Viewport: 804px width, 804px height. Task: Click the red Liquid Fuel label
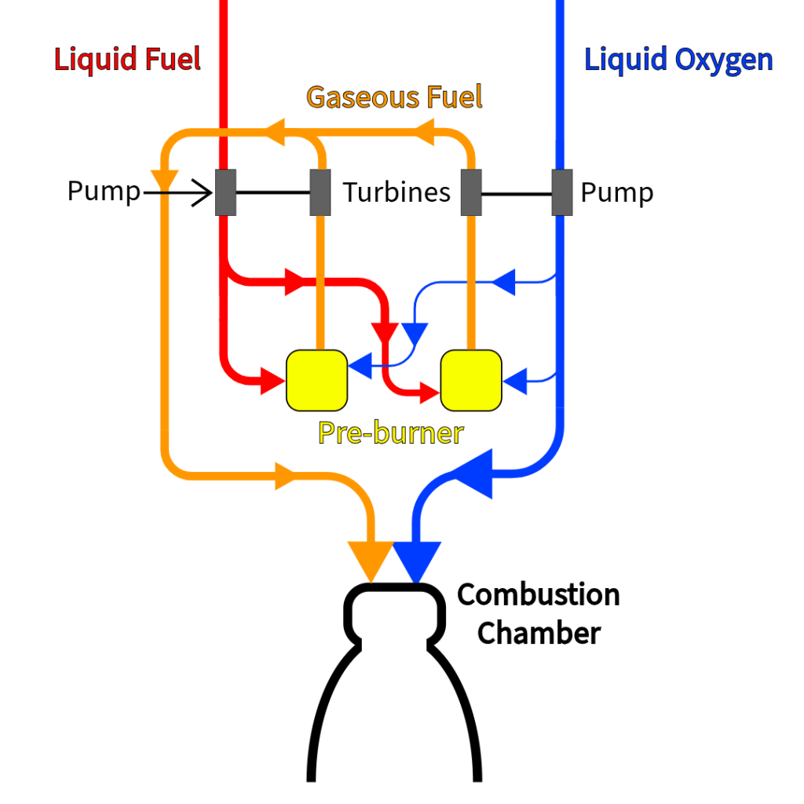(127, 60)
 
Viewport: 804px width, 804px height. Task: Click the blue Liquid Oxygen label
(678, 60)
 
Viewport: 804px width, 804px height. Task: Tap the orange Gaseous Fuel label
(394, 97)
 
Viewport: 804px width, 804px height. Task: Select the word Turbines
(397, 192)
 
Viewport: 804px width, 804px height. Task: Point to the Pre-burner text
(390, 433)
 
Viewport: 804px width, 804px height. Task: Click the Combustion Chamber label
(539, 613)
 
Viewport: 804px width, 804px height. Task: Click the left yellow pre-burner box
(316, 380)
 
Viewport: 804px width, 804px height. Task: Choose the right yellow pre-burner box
(471, 380)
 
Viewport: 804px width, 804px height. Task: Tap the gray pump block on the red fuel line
(226, 192)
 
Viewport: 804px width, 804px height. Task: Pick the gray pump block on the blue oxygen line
(562, 192)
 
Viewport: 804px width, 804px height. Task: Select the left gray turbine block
(320, 192)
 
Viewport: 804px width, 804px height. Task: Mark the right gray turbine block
(470, 192)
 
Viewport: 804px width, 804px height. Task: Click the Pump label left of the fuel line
(103, 192)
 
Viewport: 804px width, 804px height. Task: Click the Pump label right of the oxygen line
(617, 192)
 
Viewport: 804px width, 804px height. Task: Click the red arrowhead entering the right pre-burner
(429, 391)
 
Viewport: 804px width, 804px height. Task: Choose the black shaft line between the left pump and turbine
(273, 192)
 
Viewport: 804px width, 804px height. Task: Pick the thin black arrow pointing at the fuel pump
(181, 192)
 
